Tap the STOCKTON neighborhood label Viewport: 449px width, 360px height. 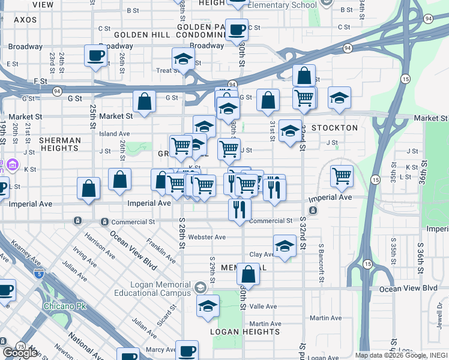tap(335, 128)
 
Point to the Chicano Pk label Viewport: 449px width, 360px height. tap(65, 307)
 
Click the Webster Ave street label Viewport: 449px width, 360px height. tap(206, 237)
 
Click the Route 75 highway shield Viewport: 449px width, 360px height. tap(20, 346)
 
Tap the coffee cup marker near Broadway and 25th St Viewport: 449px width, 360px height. tap(96, 56)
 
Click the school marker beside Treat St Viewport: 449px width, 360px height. tap(184, 59)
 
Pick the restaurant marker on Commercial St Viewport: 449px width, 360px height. tap(240, 209)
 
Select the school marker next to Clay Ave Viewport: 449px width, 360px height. tap(285, 245)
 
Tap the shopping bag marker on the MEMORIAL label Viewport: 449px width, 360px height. tap(248, 275)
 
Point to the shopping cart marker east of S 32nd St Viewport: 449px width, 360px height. tap(342, 176)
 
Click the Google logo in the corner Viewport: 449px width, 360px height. tap(19, 353)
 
